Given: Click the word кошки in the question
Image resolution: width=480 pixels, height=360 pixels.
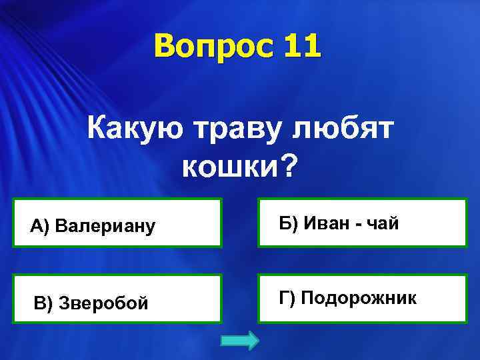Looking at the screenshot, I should coord(231,167).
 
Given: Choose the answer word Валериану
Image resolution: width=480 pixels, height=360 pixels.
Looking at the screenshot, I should coord(106,227).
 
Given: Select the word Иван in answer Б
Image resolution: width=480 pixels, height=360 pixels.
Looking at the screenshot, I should coord(327,223).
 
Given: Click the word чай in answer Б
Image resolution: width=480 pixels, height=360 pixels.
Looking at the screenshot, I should coord(385,224).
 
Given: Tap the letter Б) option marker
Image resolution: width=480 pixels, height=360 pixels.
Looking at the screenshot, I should coord(289,223).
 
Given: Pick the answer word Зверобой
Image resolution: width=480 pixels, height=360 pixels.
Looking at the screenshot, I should coord(103,303).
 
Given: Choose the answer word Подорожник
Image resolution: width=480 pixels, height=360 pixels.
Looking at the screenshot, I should coord(359,298).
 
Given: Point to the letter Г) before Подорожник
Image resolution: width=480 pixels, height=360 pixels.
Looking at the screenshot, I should coord(289,298).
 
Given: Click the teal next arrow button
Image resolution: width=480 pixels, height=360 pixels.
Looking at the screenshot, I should coord(239,341).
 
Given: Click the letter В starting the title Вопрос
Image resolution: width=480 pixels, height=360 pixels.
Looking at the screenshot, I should coord(164,48).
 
